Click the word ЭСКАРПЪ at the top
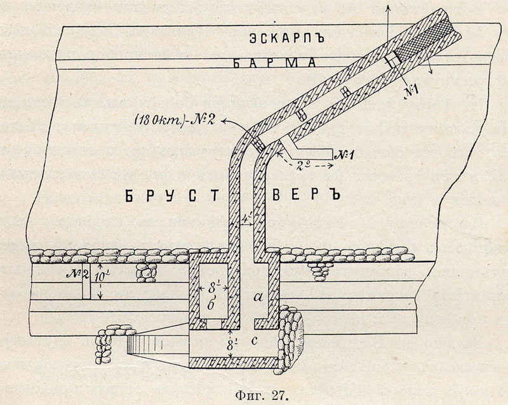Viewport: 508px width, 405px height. click(x=287, y=38)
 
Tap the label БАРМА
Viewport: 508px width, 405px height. click(x=274, y=63)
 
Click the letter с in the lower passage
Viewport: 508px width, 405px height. click(x=255, y=340)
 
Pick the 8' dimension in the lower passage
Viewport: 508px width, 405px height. click(x=230, y=345)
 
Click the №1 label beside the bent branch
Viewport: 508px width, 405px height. click(x=344, y=154)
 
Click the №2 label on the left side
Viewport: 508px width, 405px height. click(x=77, y=274)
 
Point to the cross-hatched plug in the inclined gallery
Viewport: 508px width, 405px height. click(x=424, y=39)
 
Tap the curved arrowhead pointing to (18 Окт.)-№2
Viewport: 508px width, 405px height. click(x=224, y=121)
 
